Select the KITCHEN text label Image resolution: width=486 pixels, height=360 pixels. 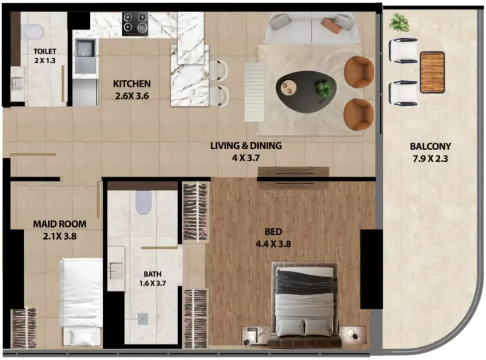click(x=132, y=83)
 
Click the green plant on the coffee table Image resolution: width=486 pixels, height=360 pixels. click(x=324, y=89)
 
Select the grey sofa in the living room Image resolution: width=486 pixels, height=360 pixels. click(x=312, y=27)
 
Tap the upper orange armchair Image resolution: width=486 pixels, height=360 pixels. click(x=358, y=72)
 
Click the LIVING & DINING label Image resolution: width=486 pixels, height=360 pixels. click(x=246, y=146)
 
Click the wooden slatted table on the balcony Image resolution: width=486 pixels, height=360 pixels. click(x=432, y=72)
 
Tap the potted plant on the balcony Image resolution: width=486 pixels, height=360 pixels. click(x=399, y=23)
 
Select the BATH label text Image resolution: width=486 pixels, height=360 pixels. click(x=153, y=274)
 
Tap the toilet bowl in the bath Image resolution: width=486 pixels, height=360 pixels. click(x=143, y=204)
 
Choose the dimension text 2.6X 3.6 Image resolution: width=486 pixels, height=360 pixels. click(x=132, y=95)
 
